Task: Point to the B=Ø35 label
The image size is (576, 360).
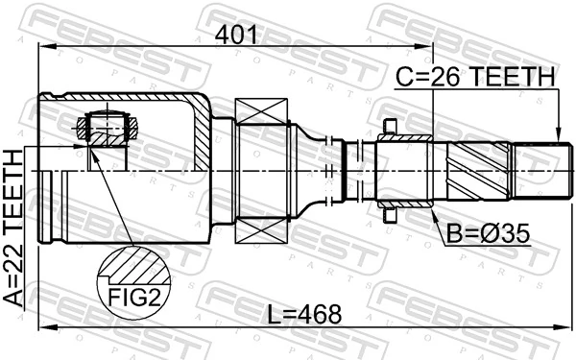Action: tap(482, 231)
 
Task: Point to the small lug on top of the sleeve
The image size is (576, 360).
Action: tap(389, 125)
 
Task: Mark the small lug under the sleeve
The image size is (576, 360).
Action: tap(389, 216)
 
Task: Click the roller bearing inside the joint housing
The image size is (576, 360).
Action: tap(106, 126)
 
